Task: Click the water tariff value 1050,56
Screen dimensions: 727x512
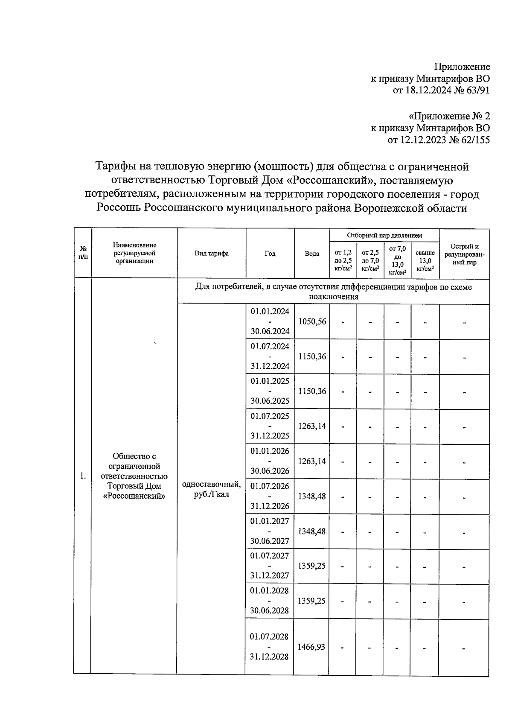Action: [312, 321]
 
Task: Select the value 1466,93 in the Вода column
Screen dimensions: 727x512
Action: [311, 647]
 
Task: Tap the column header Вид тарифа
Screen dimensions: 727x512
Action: [212, 254]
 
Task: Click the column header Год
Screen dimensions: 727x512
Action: [270, 254]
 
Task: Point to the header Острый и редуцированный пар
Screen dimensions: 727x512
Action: [464, 254]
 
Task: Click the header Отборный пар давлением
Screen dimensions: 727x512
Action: [384, 235]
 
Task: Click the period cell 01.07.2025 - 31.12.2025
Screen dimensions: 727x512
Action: [270, 426]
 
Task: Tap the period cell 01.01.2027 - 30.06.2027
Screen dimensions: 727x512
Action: [270, 531]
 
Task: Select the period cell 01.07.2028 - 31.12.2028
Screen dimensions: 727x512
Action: [269, 646]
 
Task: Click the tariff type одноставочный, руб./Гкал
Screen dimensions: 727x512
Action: [211, 489]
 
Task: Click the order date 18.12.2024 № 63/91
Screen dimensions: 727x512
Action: [441, 90]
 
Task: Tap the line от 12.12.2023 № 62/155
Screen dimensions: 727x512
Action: [438, 140]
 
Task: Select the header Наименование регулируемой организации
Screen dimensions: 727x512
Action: [134, 253]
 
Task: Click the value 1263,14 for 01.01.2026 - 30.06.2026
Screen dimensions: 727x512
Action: [312, 461]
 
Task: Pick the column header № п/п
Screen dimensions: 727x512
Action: [83, 254]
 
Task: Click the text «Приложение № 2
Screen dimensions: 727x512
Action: [449, 116]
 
